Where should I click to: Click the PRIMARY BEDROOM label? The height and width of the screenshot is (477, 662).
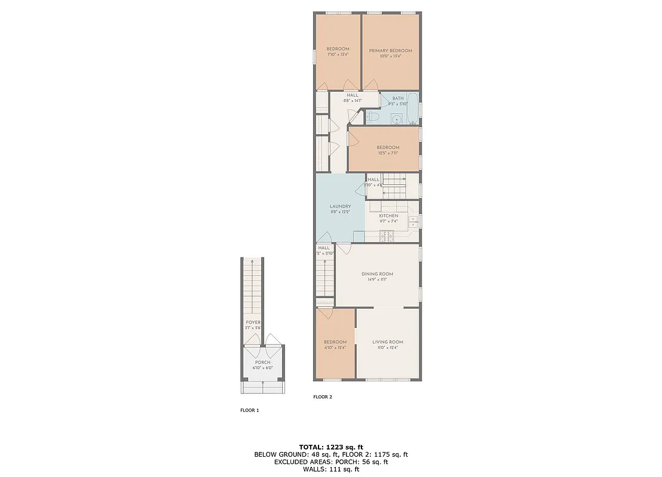pyautogui.click(x=390, y=51)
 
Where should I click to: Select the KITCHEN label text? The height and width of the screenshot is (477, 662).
pyautogui.click(x=388, y=216)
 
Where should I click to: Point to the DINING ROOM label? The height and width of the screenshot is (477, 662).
pyautogui.click(x=377, y=274)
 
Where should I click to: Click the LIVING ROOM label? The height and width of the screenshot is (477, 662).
pyautogui.click(x=388, y=342)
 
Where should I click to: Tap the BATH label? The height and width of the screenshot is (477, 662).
pyautogui.click(x=398, y=98)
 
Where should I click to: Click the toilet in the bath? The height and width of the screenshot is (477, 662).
pyautogui.click(x=373, y=117)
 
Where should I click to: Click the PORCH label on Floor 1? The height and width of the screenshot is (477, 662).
pyautogui.click(x=262, y=363)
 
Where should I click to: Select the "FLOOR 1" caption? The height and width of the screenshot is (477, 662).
pyautogui.click(x=249, y=410)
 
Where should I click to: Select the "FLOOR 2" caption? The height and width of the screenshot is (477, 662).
pyautogui.click(x=323, y=397)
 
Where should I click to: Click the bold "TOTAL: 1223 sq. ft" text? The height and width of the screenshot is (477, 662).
pyautogui.click(x=330, y=447)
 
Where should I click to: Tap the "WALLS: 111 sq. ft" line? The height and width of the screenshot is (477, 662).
pyautogui.click(x=331, y=470)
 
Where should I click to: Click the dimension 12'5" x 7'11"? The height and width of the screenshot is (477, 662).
pyautogui.click(x=388, y=153)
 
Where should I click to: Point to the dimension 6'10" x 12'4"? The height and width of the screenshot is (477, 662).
pyautogui.click(x=335, y=348)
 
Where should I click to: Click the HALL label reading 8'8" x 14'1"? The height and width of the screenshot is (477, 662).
pyautogui.click(x=352, y=101)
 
